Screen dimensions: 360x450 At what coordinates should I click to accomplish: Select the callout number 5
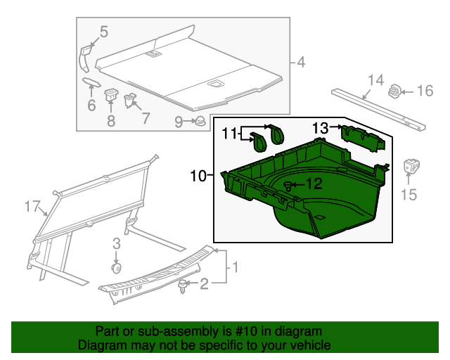click(x=103, y=31)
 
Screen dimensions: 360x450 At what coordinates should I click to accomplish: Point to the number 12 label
click(x=314, y=184)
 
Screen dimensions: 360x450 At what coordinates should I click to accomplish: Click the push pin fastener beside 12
click(x=289, y=185)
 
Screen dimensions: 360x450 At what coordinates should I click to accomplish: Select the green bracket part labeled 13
click(x=363, y=136)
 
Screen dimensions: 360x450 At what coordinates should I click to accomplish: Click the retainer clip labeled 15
click(x=411, y=169)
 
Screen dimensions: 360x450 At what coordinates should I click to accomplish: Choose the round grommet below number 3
click(x=117, y=268)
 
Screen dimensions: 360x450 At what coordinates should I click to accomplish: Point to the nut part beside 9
click(x=200, y=121)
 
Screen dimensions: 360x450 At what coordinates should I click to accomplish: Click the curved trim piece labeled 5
click(x=84, y=56)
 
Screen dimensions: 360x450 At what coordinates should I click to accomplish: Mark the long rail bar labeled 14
click(x=380, y=108)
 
